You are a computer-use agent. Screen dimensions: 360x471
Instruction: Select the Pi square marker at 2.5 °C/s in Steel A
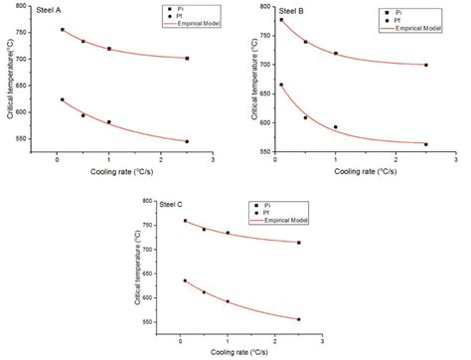[187, 59]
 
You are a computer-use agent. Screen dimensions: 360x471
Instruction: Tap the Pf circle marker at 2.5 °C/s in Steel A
[187, 141]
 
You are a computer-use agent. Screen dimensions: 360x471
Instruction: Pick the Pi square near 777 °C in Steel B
[281, 20]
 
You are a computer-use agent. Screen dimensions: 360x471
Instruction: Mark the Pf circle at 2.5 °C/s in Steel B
[426, 144]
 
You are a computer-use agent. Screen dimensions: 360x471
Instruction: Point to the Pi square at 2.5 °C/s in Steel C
[298, 243]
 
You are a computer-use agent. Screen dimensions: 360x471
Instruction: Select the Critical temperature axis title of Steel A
[8, 80]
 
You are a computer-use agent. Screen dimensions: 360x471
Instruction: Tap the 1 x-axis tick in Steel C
[228, 342]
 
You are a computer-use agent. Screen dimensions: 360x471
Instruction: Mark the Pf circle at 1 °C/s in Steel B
[336, 127]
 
